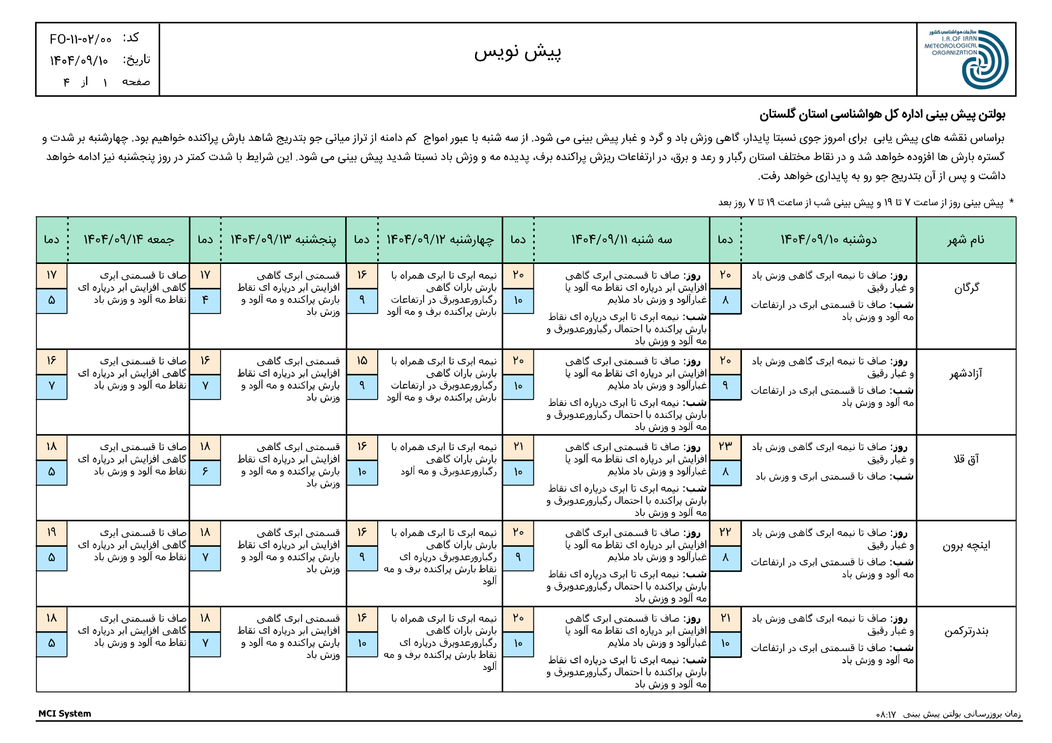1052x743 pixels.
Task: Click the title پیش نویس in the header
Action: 517,52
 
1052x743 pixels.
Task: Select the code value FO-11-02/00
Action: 81,39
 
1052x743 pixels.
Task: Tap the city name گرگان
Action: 966,288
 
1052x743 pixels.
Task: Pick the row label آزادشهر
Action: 966,374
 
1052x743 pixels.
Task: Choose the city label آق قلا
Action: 966,459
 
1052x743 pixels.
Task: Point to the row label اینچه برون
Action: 966,545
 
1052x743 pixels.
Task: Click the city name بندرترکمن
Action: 966,631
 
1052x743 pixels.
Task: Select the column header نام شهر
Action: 966,240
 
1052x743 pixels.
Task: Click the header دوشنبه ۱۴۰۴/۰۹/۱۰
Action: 828,240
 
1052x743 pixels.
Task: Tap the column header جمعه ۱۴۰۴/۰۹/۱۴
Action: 129,240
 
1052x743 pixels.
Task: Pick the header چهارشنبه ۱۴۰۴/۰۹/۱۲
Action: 440,240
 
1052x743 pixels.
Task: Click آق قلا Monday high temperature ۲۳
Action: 725,446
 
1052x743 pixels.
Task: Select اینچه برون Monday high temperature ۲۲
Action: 725,532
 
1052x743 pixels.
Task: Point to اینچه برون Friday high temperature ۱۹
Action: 51,532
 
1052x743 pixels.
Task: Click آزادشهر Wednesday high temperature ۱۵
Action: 362,361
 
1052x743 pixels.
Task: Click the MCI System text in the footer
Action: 65,714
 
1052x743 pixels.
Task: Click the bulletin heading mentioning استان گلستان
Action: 882,115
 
